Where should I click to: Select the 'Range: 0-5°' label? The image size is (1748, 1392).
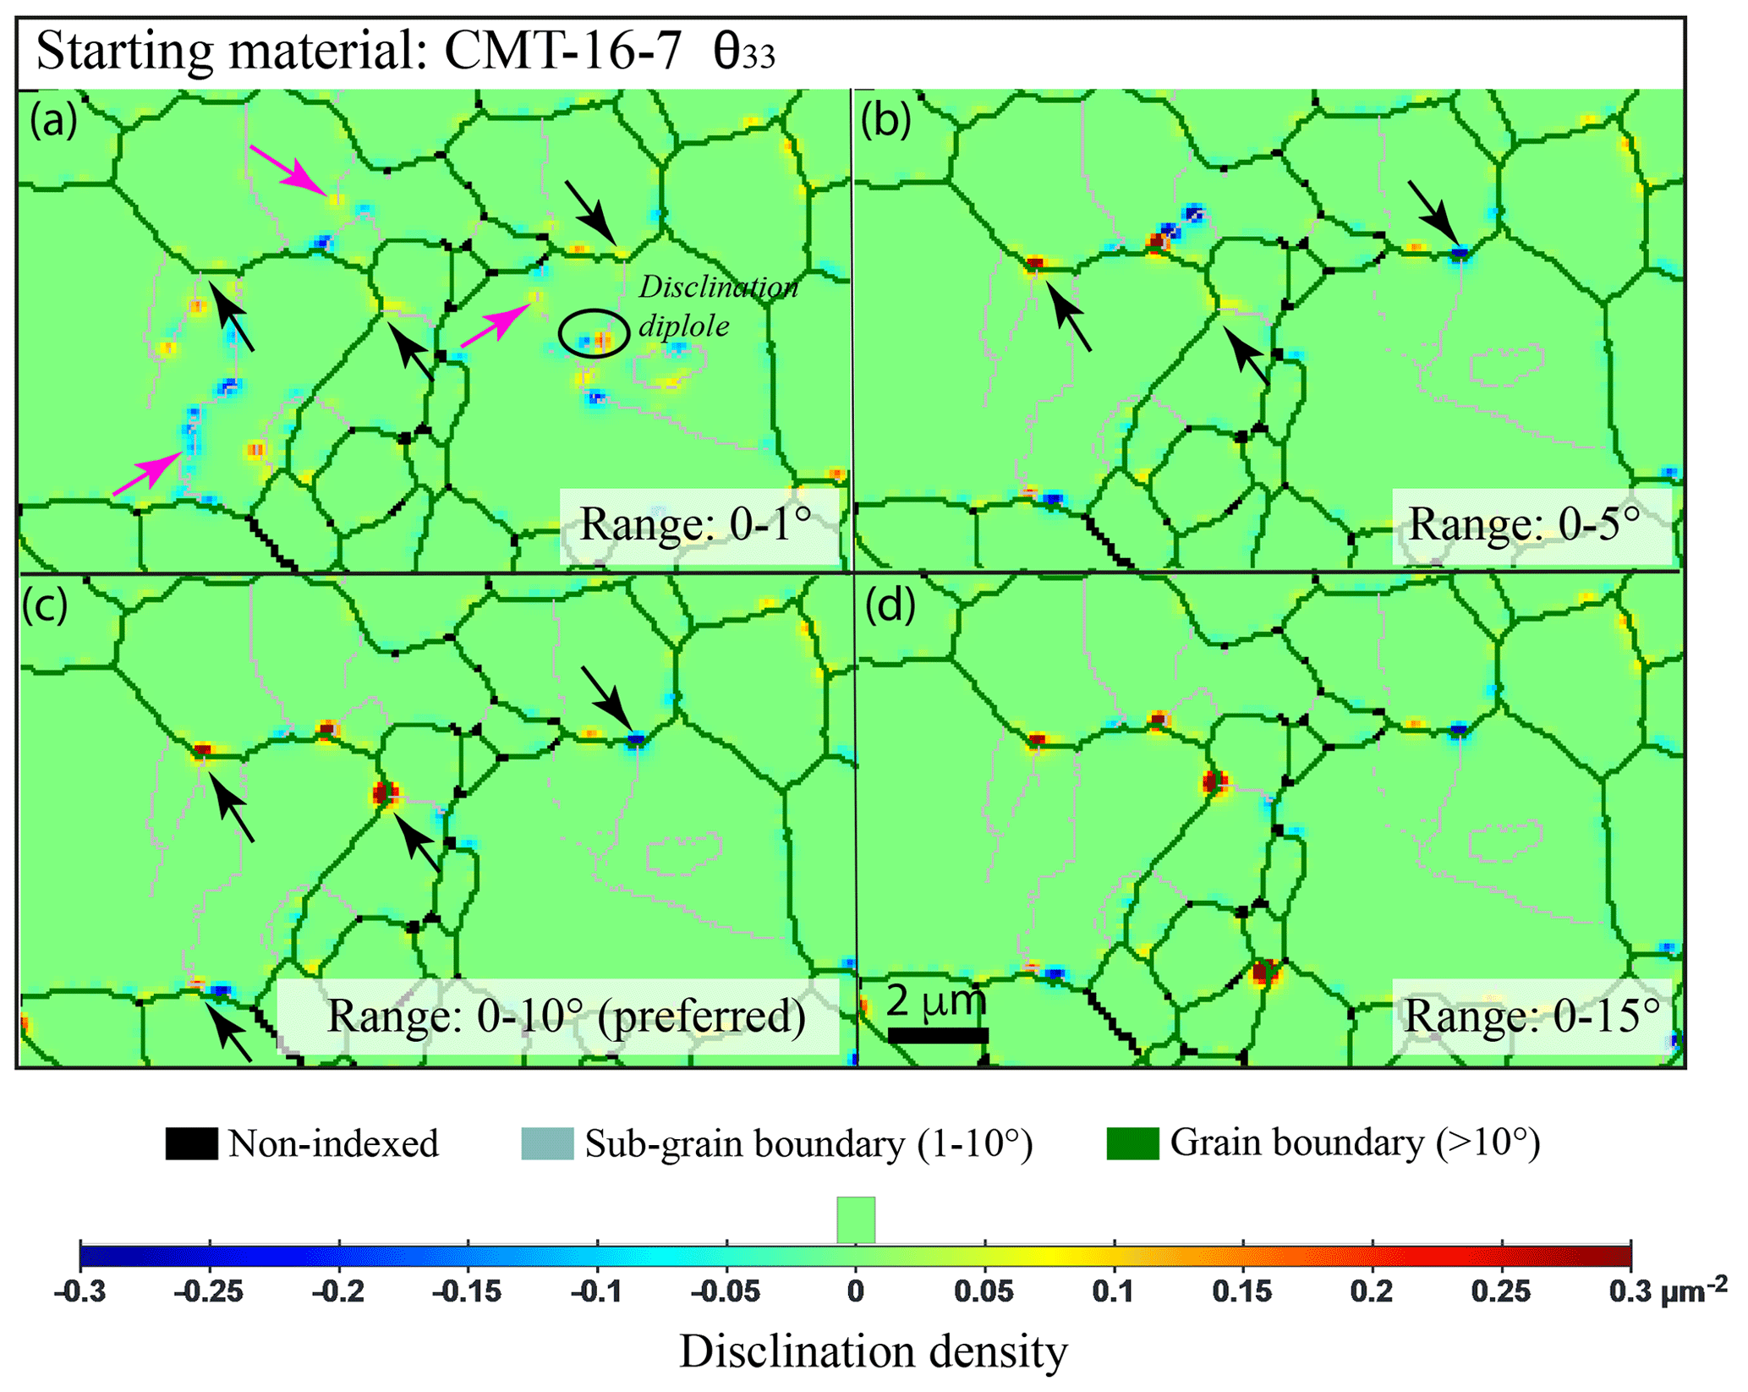(1524, 524)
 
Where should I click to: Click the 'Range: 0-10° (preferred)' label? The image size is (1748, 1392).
(566, 1015)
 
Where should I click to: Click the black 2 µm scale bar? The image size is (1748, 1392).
(937, 1035)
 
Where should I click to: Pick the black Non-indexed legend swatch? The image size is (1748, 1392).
(191, 1143)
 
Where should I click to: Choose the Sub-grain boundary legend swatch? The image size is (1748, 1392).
(547, 1143)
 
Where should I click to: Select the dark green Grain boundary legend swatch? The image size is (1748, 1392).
(1132, 1143)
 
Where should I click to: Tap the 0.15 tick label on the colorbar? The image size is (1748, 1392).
(1241, 1292)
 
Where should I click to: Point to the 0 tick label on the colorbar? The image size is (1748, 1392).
(856, 1292)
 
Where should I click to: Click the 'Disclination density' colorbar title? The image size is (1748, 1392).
(874, 1351)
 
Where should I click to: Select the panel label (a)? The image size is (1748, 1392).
(53, 120)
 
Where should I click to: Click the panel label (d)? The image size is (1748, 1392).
(890, 606)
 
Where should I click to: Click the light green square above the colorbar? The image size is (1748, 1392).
(856, 1219)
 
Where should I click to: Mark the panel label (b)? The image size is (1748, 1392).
(885, 120)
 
